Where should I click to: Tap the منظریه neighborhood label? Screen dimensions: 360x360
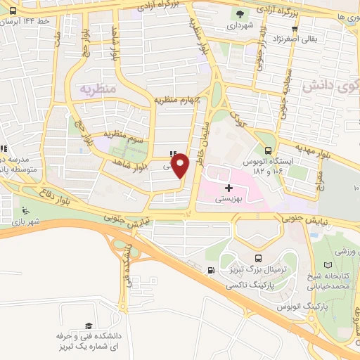[x=96, y=89]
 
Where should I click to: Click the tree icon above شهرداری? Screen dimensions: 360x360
[x=241, y=13]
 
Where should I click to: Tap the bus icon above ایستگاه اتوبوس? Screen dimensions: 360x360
[x=267, y=150]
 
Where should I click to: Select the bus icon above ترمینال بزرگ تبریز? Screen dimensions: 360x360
[x=258, y=258]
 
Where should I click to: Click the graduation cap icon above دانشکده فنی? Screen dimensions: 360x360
[x=89, y=325]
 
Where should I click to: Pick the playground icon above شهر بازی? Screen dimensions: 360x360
[x=26, y=210]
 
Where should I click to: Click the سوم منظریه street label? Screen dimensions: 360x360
[x=124, y=134]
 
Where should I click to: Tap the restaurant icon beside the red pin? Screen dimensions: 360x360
[x=173, y=155]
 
